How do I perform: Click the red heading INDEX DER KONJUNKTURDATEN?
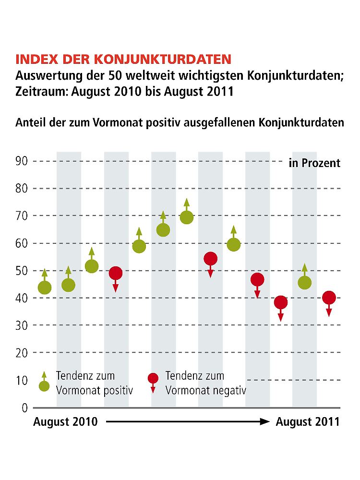coord(123,60)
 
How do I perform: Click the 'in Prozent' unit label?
coord(314,163)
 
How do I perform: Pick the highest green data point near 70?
coord(187,217)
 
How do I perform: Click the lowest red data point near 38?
coord(281,302)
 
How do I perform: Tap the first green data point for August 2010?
coord(45,288)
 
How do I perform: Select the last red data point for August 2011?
coord(329,298)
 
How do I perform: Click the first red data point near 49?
coord(116,273)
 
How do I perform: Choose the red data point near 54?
coord(210,259)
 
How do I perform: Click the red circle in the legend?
coord(153,378)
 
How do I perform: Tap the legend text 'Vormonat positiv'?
coord(94,390)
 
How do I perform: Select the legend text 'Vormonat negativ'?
coord(205,390)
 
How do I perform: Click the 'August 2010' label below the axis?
coord(65,422)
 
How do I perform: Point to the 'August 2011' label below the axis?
coord(308,422)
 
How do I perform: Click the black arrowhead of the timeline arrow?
coord(265,422)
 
